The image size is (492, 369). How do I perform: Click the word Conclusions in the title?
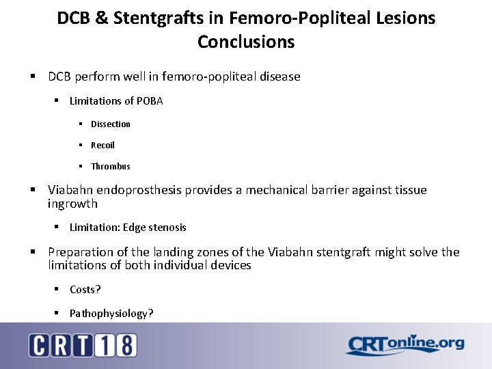click(246, 42)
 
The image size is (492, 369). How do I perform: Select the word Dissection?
click(110, 124)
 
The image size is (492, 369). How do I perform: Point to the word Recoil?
click(102, 145)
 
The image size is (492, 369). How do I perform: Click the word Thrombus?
click(110, 166)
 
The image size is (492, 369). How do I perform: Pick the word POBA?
click(150, 101)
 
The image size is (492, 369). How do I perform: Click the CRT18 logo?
click(83, 345)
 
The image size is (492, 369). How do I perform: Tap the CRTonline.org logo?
click(405, 344)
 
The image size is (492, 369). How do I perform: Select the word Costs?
click(85, 290)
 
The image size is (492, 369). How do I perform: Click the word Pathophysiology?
click(111, 313)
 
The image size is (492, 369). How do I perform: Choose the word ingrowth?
click(72, 204)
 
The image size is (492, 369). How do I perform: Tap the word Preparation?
click(80, 252)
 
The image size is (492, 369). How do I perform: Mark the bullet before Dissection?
click(80, 124)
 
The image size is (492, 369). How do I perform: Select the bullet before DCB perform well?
click(32, 77)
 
